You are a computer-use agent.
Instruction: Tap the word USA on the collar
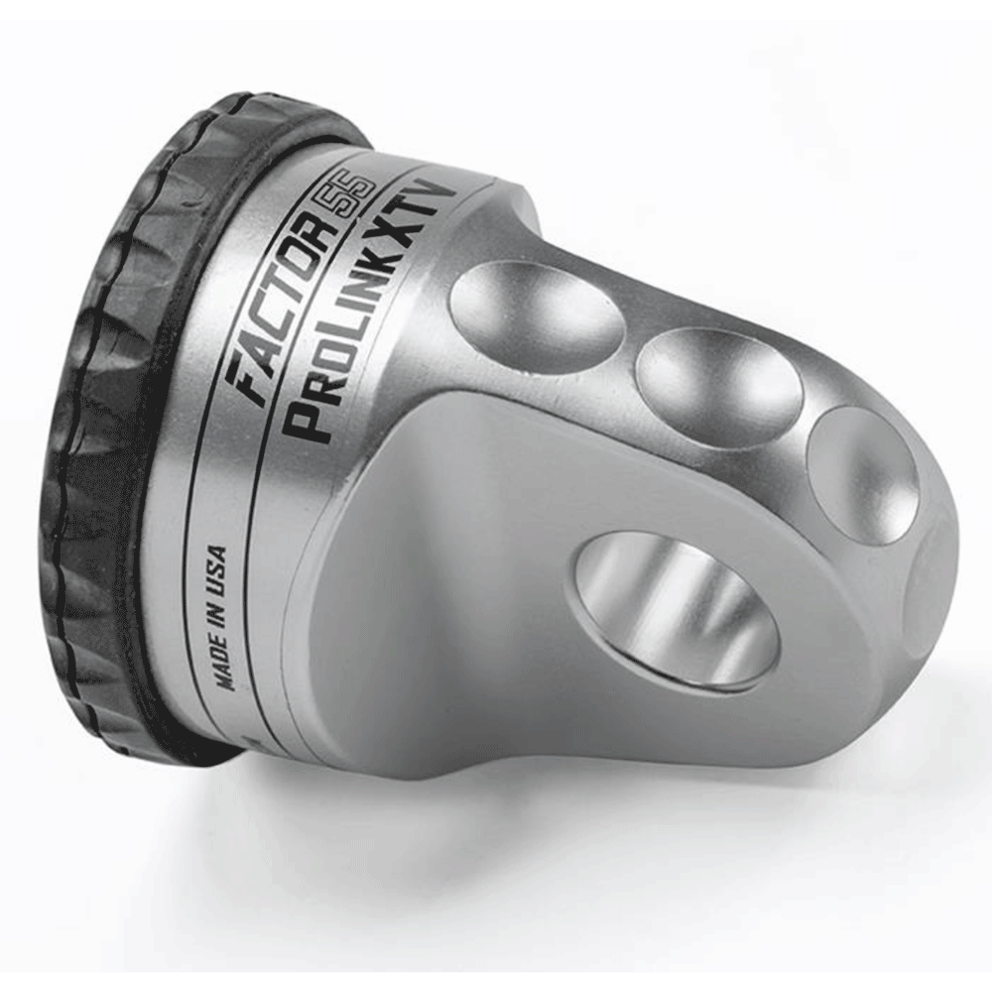click(x=217, y=566)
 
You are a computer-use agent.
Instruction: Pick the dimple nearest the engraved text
click(x=538, y=314)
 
